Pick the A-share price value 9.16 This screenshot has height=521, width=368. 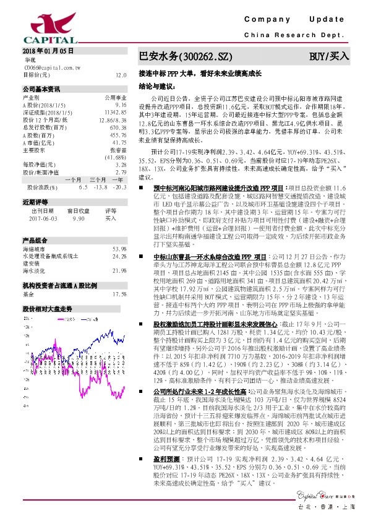coord(121,104)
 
